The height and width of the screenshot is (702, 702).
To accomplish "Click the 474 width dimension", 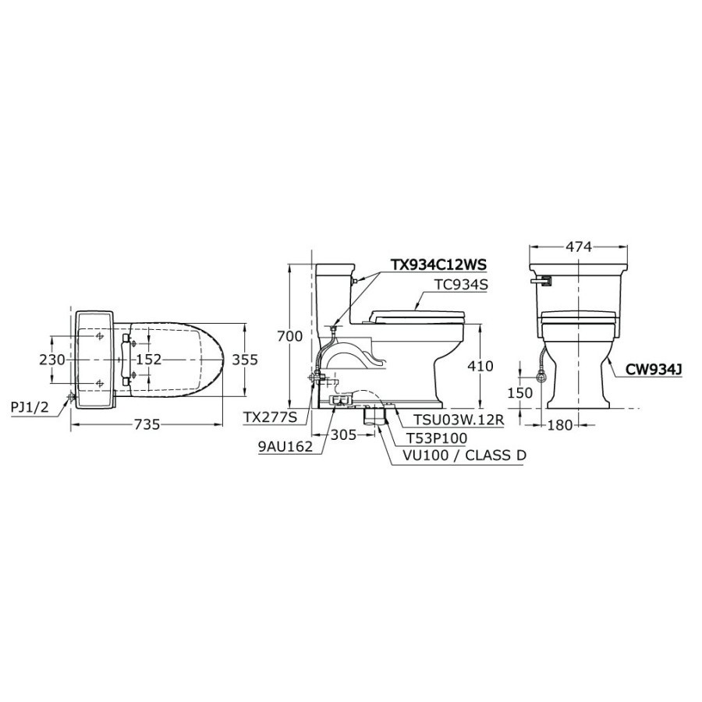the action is tap(579, 246).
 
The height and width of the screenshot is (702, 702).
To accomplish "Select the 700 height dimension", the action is tap(289, 335).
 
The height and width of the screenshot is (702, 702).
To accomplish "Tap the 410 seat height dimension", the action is tap(480, 367).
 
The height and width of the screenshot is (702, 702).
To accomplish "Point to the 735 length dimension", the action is tap(147, 424).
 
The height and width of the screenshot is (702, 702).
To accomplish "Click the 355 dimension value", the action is tap(245, 360).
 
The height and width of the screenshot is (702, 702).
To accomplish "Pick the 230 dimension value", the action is tap(52, 360).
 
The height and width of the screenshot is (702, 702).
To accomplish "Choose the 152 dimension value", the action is tap(149, 359).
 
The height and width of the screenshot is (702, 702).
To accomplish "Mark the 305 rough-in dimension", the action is tap(343, 434).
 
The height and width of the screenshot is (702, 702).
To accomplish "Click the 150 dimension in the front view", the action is tap(520, 392).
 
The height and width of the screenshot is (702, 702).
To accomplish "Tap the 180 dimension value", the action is tap(559, 424).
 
